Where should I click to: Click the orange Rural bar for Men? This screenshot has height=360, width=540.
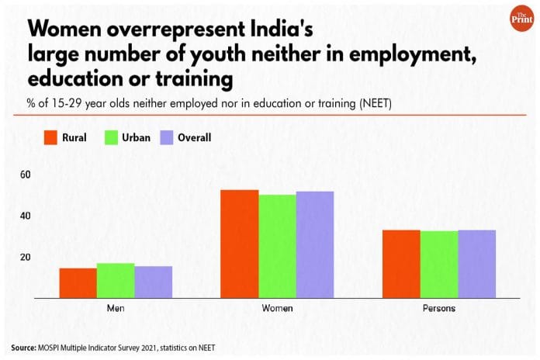(x=78, y=283)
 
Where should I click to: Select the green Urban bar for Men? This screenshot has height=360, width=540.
(x=116, y=281)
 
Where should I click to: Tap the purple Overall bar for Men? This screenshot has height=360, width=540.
(x=153, y=282)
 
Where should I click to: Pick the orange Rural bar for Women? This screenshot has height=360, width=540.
(x=240, y=244)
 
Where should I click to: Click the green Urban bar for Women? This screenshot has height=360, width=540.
(x=277, y=246)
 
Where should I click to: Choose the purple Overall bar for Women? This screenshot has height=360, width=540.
(x=314, y=244)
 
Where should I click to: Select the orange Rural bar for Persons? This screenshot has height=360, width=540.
(x=401, y=264)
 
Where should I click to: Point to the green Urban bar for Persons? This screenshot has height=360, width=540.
(x=438, y=265)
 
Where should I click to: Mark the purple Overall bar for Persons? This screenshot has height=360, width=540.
(x=476, y=264)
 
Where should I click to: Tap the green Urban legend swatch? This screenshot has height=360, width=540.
(x=109, y=138)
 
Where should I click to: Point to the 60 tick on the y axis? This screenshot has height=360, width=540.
(x=26, y=175)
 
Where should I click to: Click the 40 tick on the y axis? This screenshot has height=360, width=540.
(x=26, y=216)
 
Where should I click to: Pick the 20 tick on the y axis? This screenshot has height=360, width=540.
(x=26, y=258)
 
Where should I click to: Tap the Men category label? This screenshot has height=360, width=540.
(x=116, y=308)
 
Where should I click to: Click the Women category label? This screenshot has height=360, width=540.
(x=277, y=308)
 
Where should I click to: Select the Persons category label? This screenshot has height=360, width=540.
(x=438, y=308)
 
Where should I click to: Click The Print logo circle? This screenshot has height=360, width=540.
(x=515, y=21)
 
